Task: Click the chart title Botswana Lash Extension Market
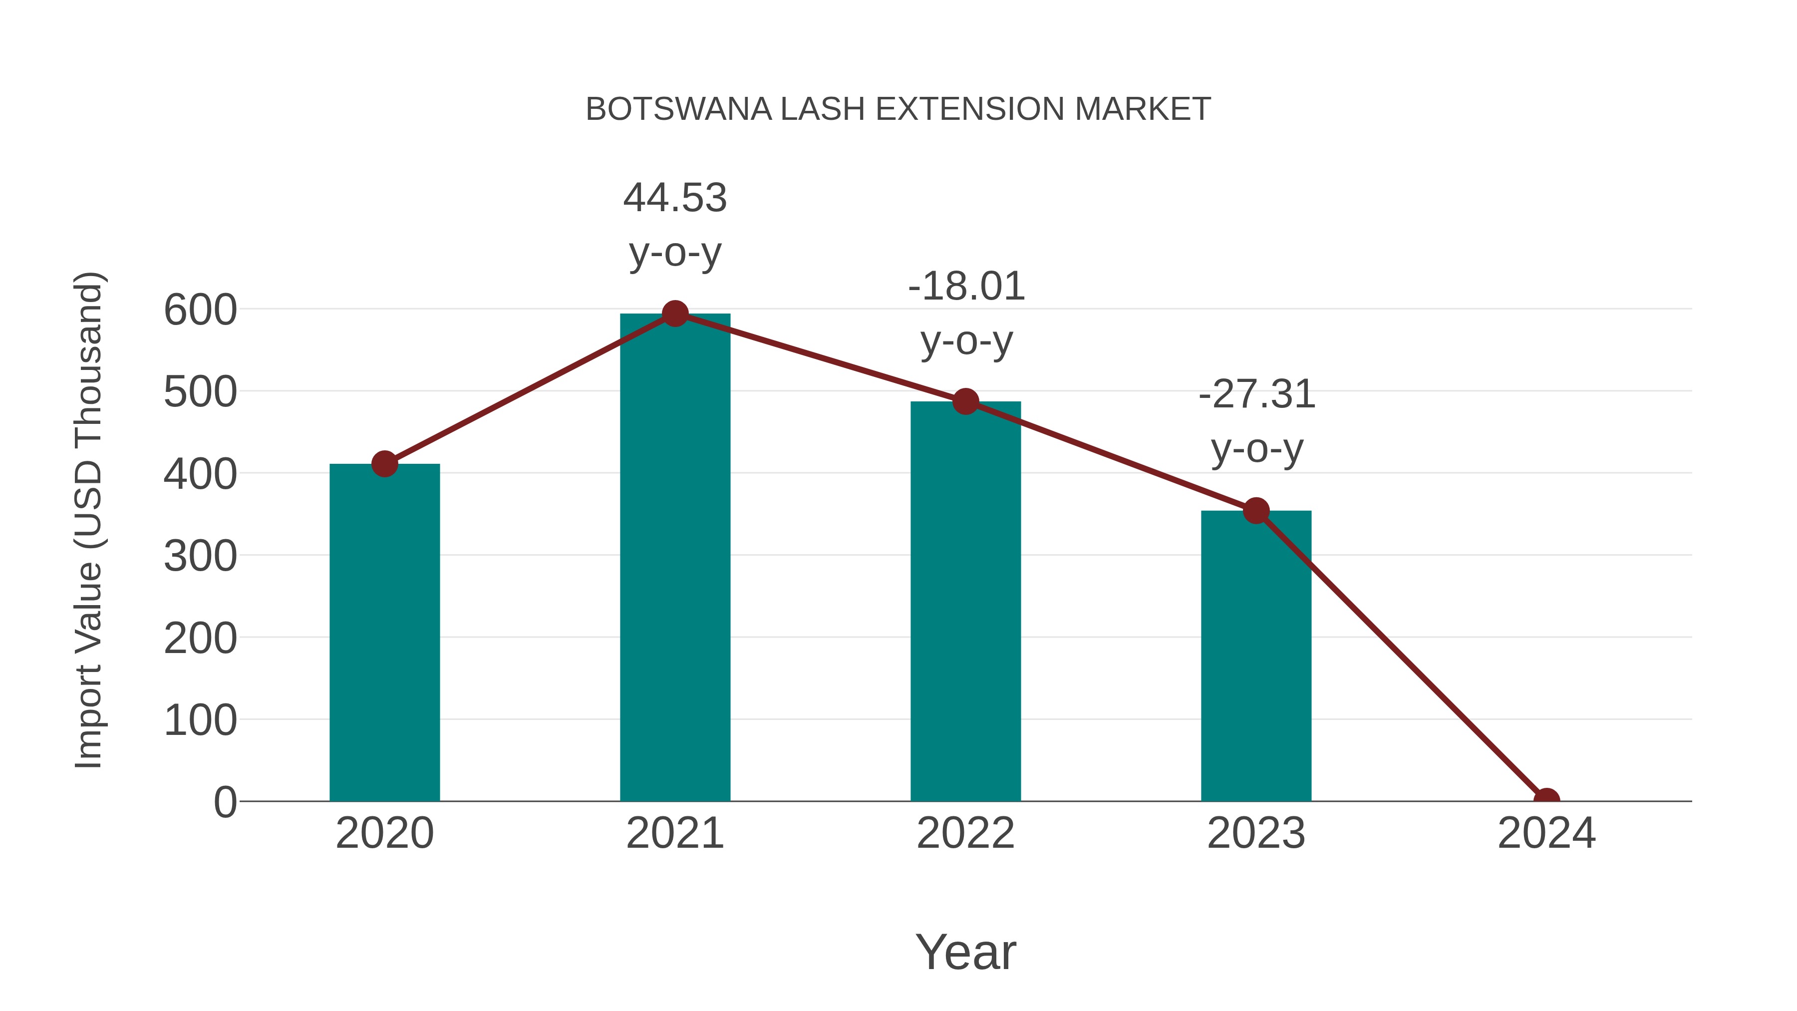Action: click(x=898, y=109)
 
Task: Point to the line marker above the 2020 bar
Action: click(x=384, y=463)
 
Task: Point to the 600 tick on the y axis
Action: click(x=200, y=310)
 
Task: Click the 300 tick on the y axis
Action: click(x=200, y=556)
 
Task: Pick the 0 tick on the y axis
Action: click(x=225, y=802)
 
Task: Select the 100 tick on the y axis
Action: click(x=200, y=720)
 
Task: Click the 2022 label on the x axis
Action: click(x=965, y=833)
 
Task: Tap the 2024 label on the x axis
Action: click(x=1546, y=833)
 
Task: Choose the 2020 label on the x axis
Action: click(x=384, y=833)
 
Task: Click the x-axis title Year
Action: click(x=965, y=952)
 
